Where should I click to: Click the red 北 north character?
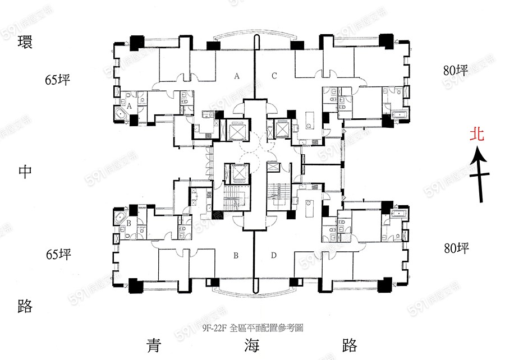(x=478, y=135)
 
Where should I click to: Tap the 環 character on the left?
(x=25, y=43)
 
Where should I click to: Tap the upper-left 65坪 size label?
(x=59, y=80)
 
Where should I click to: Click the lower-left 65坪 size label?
(x=59, y=255)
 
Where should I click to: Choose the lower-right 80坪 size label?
(x=454, y=248)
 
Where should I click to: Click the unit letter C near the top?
(x=274, y=76)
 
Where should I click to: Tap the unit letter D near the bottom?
(x=274, y=256)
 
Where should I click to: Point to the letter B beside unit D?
(x=237, y=256)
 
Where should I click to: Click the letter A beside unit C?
(x=237, y=76)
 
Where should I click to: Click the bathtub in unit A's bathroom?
(x=120, y=115)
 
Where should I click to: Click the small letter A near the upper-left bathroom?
(x=129, y=105)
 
